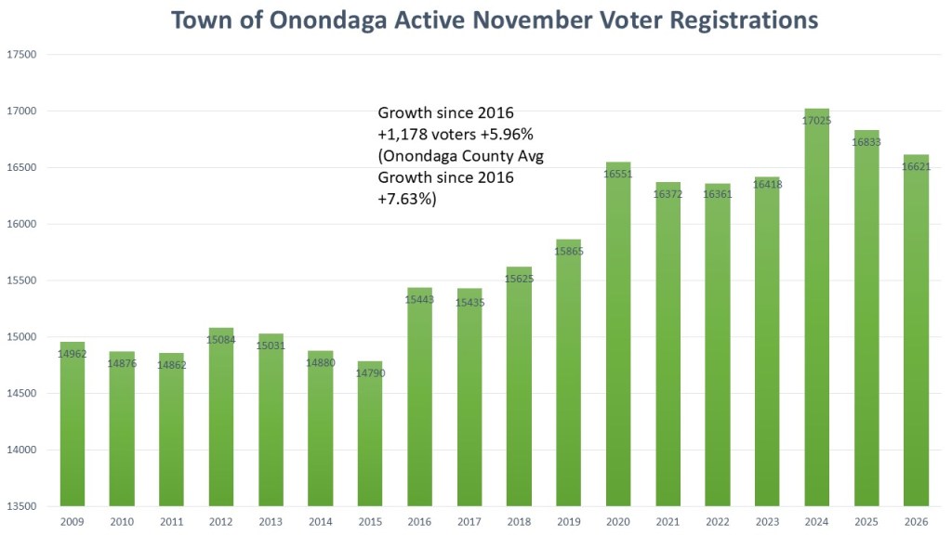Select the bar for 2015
[370, 437]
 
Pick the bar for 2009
[72, 427]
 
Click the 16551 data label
[618, 174]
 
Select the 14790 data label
[370, 373]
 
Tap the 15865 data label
[569, 252]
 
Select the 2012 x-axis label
[220, 523]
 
